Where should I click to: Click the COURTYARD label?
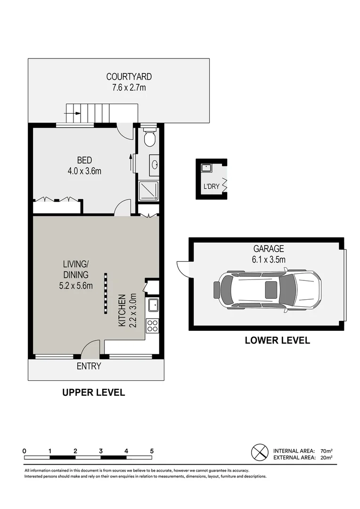tap(129, 76)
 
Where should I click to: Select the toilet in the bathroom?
tap(149, 137)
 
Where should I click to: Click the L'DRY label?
tap(211, 187)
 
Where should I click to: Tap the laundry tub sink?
tap(206, 167)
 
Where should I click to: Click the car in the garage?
tap(267, 290)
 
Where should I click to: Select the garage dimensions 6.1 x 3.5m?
tap(269, 259)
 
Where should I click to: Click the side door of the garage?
tap(181, 269)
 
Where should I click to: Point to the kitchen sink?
tap(153, 306)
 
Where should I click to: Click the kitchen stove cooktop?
tap(153, 326)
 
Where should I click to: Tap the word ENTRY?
tap(89, 366)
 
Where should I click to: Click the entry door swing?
tap(88, 349)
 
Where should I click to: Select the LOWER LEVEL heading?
tap(277, 340)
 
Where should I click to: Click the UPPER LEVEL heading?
tap(94, 392)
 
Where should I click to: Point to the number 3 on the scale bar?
tap(101, 451)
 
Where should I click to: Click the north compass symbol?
tap(259, 453)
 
